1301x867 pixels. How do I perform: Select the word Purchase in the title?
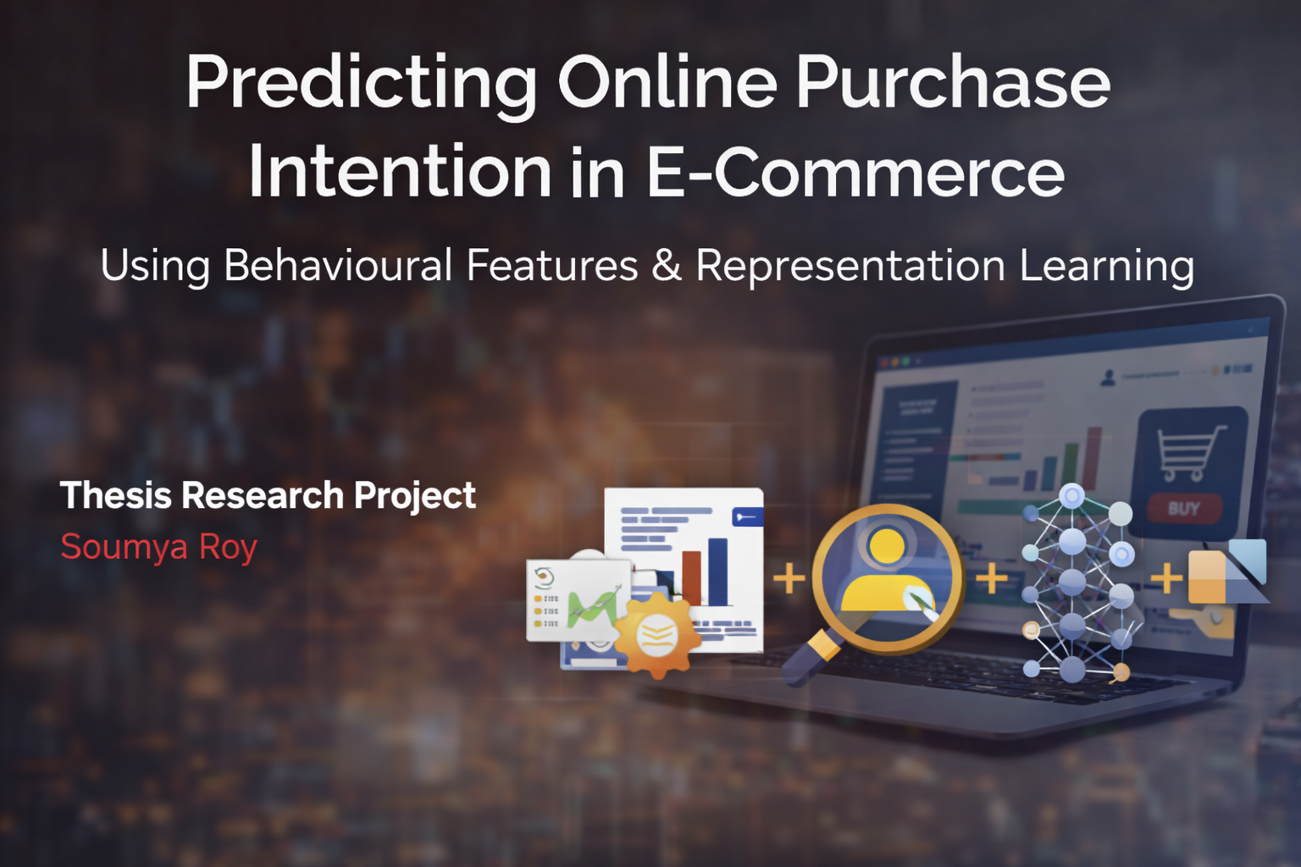click(x=953, y=83)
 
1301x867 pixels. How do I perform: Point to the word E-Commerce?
click(x=855, y=172)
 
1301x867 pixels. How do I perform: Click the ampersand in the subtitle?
click(x=667, y=265)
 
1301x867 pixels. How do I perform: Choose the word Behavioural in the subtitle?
click(x=338, y=265)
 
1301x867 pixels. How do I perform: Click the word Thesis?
click(x=116, y=495)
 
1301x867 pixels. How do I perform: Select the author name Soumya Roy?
click(x=159, y=548)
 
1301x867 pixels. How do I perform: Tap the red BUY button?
click(x=1183, y=509)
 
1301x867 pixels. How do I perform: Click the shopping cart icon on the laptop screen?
click(x=1190, y=450)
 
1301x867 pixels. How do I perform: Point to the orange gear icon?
click(x=657, y=634)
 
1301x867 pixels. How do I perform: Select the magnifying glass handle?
click(x=808, y=660)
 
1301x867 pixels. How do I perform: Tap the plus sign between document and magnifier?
click(x=789, y=579)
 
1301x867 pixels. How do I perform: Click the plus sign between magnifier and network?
click(x=992, y=579)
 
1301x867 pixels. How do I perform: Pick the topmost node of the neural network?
click(x=1072, y=495)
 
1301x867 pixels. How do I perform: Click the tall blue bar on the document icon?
click(x=717, y=572)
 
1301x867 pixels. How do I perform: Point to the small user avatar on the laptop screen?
click(x=1107, y=378)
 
